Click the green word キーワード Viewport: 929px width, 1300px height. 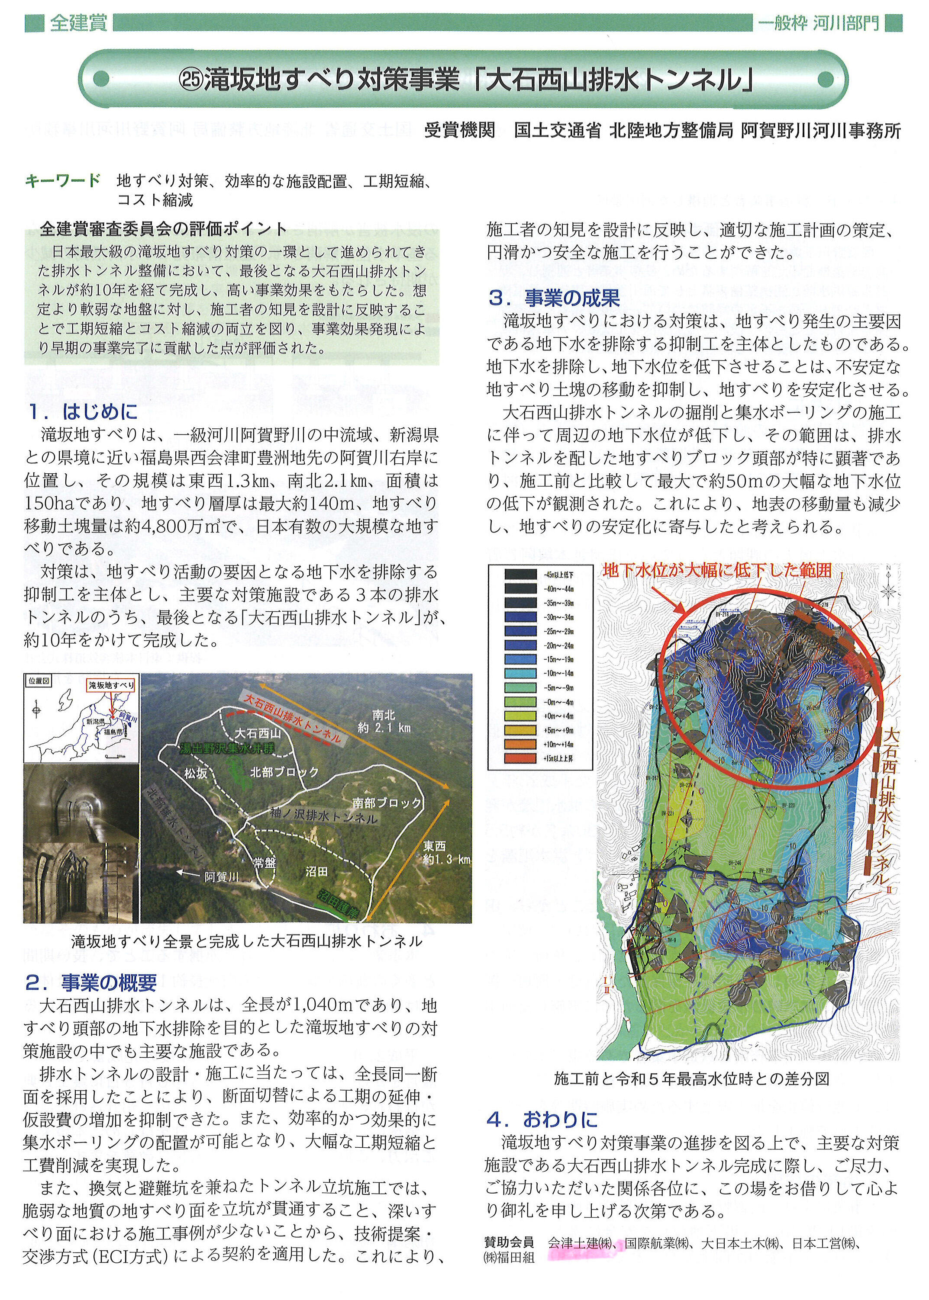click(63, 181)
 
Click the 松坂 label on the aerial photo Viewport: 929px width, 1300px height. click(196, 773)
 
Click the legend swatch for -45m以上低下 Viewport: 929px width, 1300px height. click(520, 575)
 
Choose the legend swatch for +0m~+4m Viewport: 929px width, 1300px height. click(520, 716)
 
